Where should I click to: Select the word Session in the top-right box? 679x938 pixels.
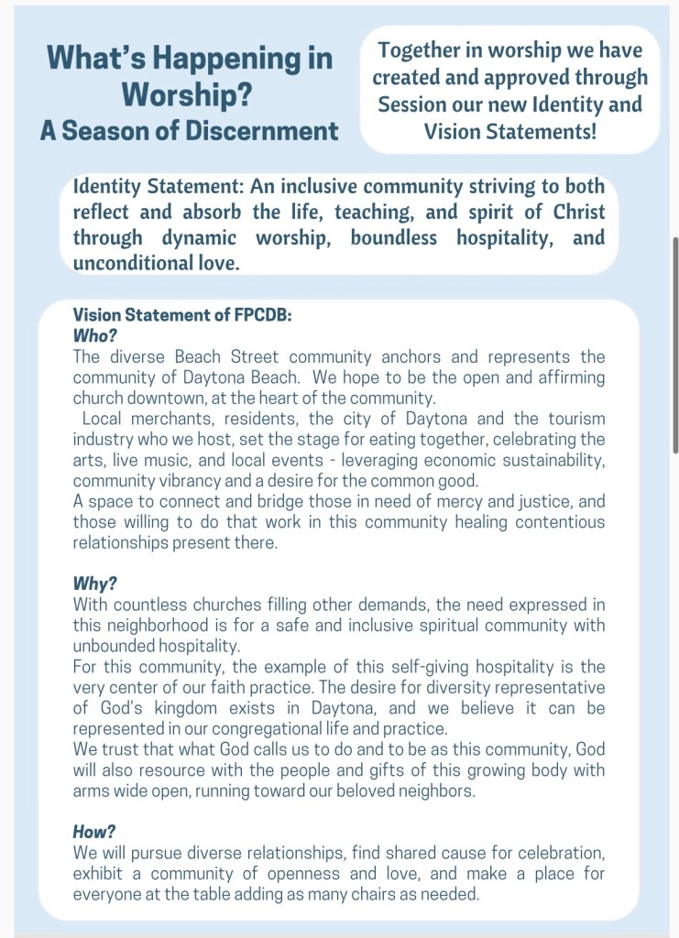pyautogui.click(x=414, y=104)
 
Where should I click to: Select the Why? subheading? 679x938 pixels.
pyautogui.click(x=94, y=584)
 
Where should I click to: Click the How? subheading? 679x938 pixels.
pyautogui.click(x=94, y=831)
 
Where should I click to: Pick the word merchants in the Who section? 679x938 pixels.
pyautogui.click(x=167, y=420)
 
